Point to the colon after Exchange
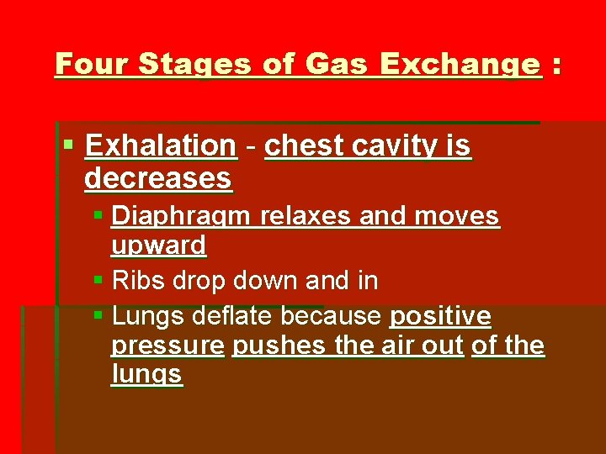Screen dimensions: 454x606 coord(555,65)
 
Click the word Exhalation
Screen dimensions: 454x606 coord(160,145)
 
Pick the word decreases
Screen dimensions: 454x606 coord(157,178)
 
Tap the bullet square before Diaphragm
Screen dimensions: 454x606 coord(98,216)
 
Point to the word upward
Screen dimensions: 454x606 coord(158,245)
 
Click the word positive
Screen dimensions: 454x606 coord(440,316)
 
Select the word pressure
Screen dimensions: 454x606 coord(167,346)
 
